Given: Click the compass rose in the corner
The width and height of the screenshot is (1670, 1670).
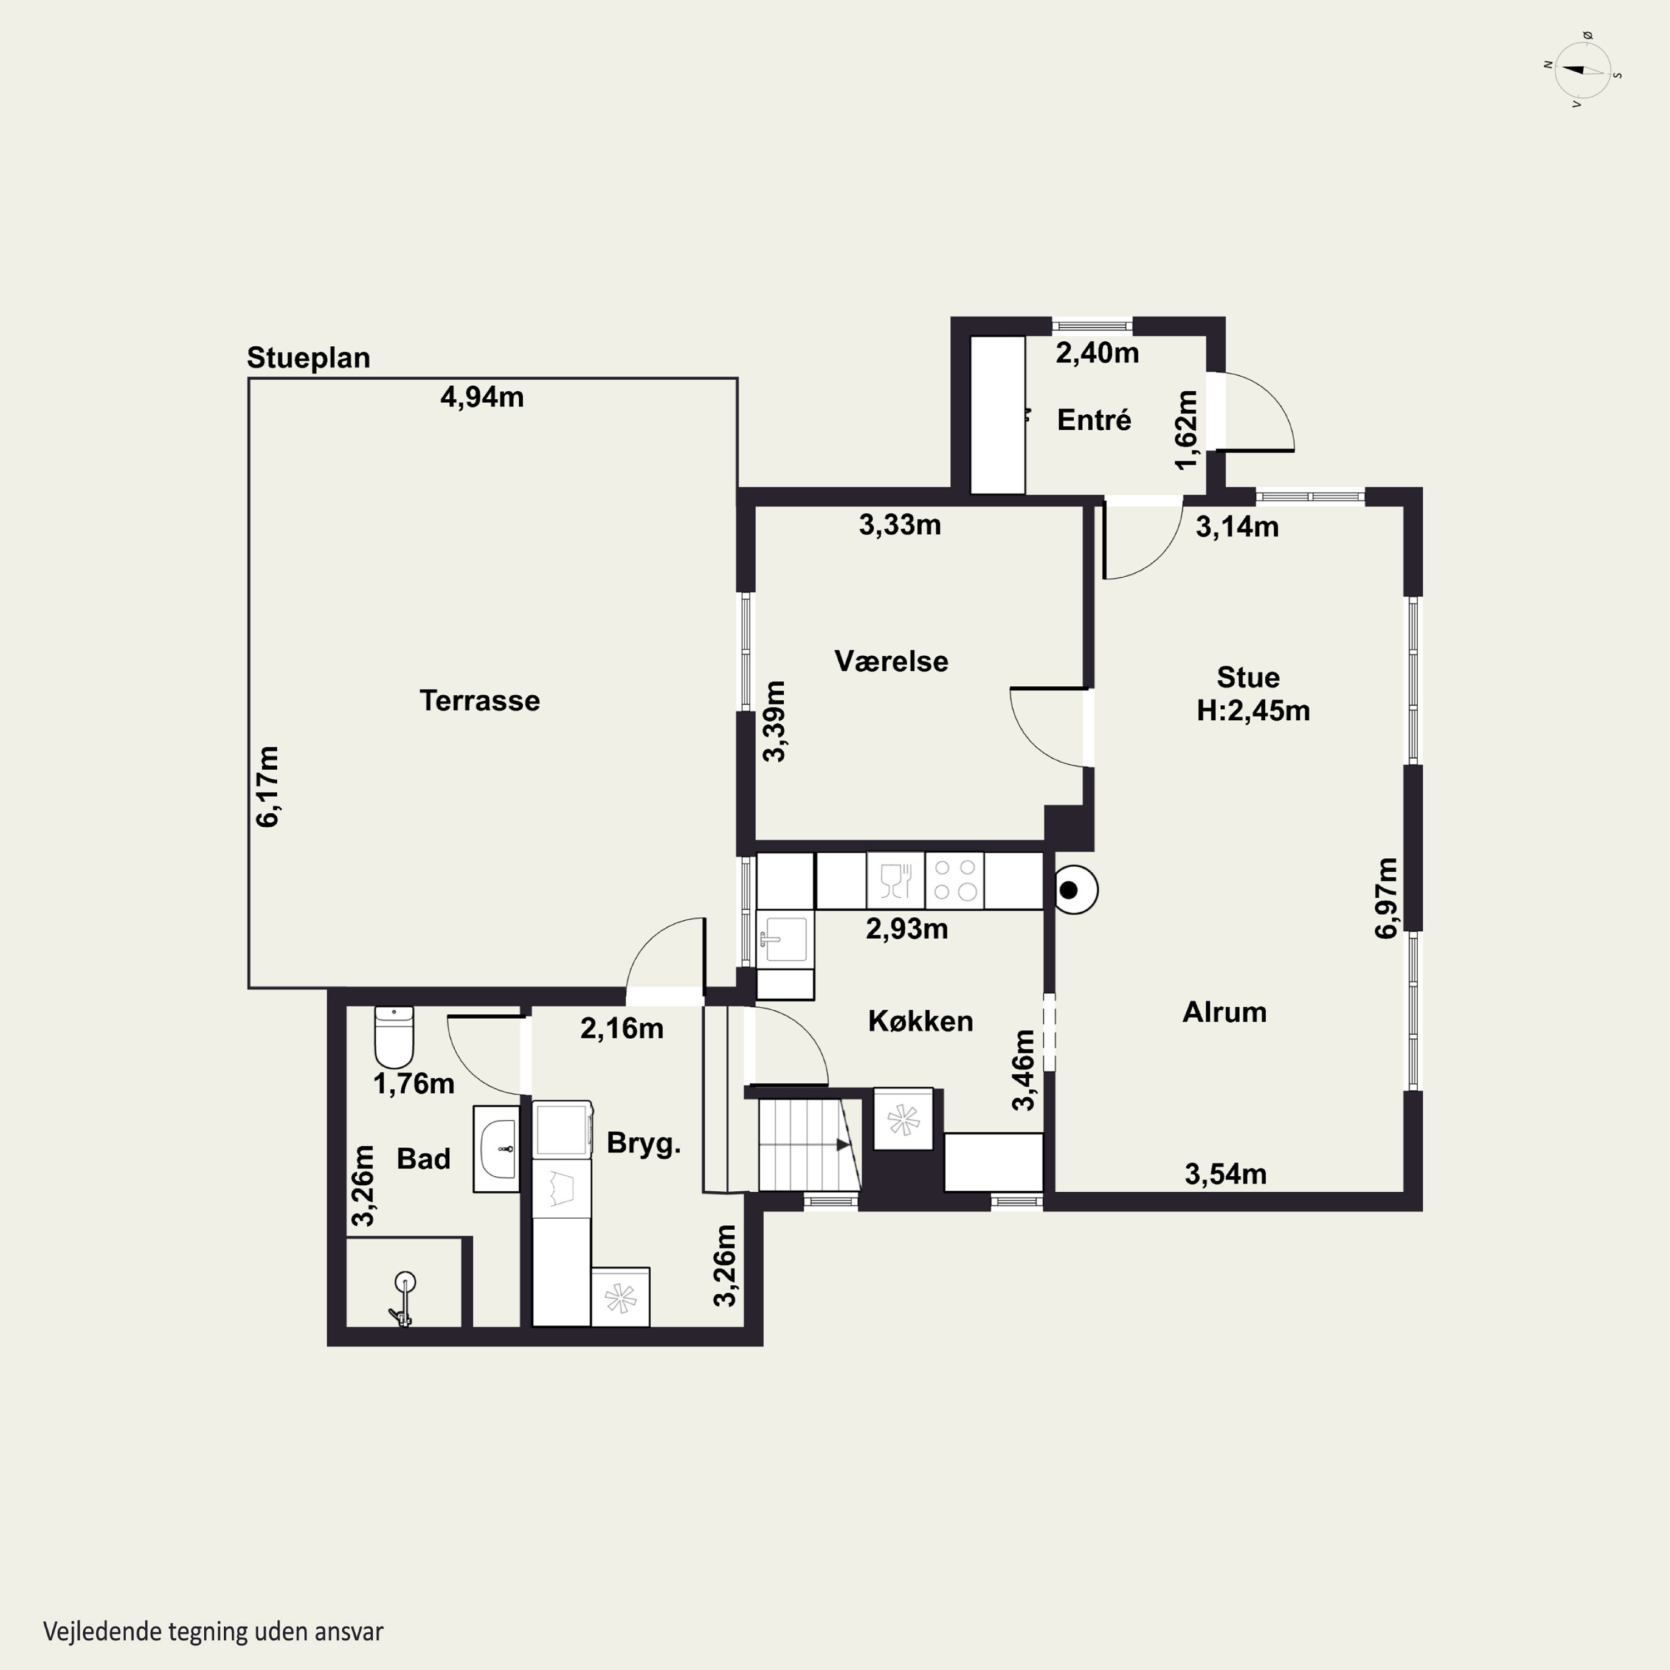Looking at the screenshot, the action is point(1582,71).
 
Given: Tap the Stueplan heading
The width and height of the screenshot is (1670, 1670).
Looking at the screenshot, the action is point(308,358).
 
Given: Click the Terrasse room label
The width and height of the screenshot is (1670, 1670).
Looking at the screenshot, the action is point(480,700).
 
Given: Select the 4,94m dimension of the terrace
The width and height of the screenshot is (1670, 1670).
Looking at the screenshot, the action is point(482,397).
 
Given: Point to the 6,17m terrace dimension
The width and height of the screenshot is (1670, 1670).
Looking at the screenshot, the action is point(268,787).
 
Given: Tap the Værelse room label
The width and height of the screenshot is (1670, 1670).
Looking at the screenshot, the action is point(891,661).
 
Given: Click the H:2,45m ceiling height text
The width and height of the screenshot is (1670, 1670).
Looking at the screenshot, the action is point(1254,710).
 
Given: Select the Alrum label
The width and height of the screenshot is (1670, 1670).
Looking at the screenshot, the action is point(1225,1012).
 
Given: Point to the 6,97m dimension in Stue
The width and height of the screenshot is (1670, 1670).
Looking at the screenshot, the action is point(1387,898).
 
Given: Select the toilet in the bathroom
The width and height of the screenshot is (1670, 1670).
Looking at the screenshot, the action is point(394,1037).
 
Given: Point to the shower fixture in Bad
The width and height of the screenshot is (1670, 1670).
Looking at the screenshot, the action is point(403,1298).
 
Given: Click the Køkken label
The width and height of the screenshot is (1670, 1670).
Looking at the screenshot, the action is point(921,1021).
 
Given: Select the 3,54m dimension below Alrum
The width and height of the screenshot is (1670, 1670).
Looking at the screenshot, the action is point(1226,1174).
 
